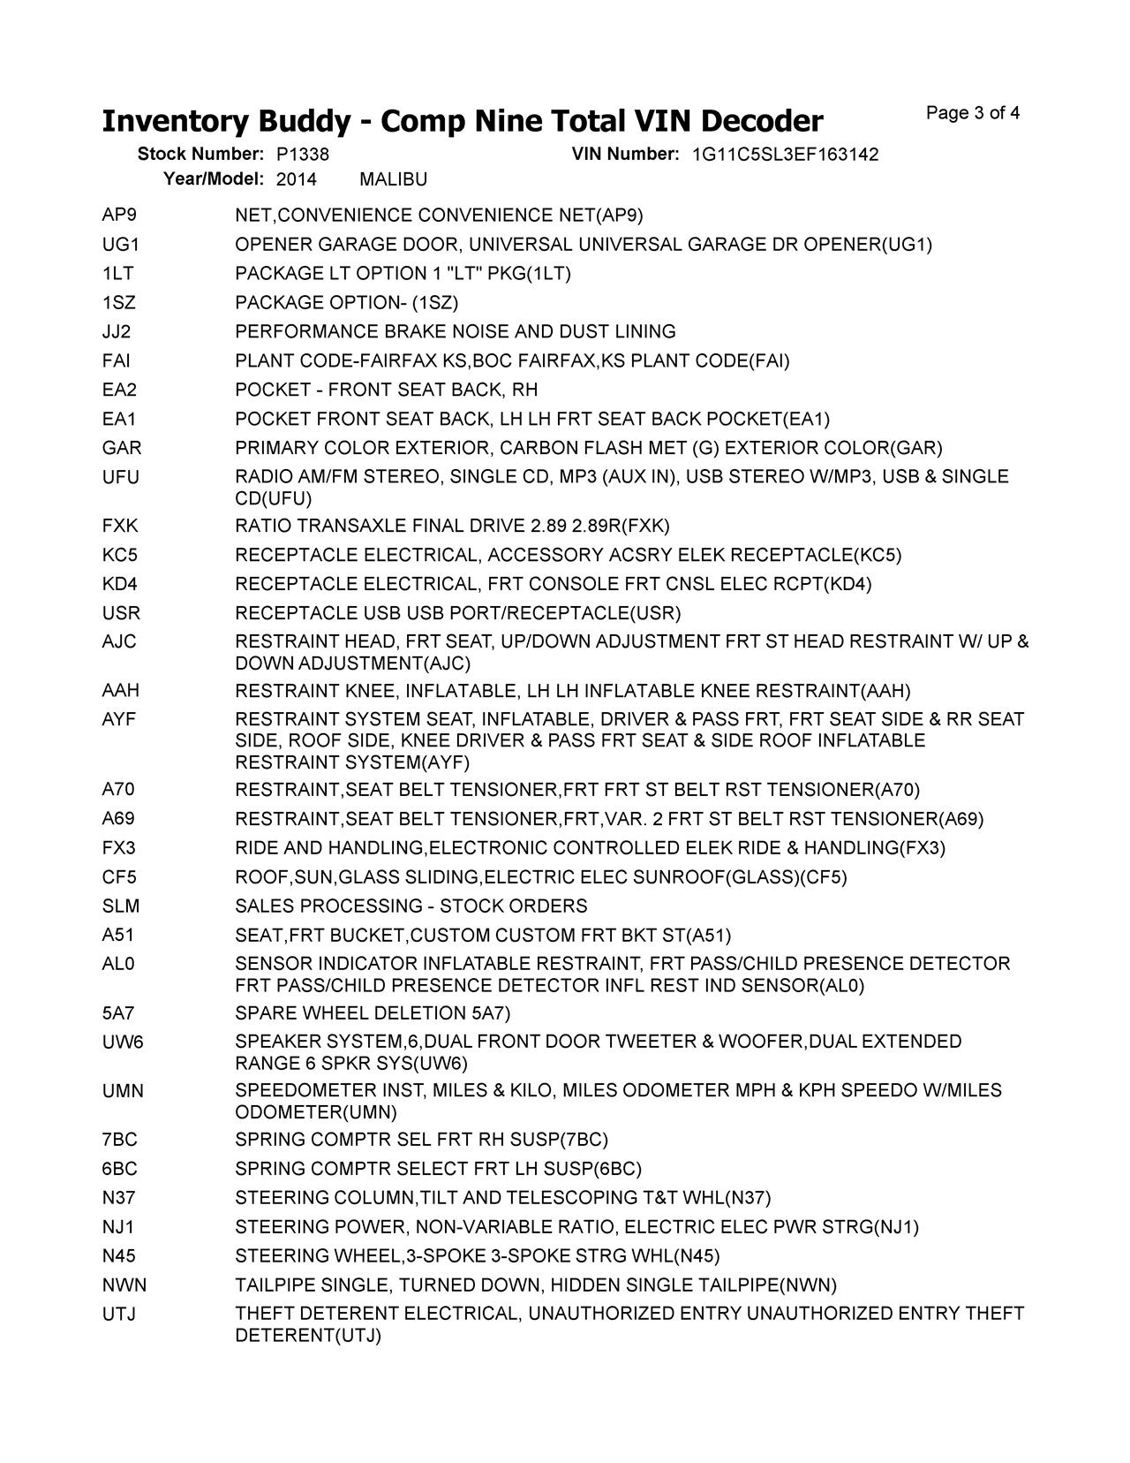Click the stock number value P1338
tap(302, 155)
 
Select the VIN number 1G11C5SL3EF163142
tap(785, 155)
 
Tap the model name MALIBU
tap(394, 179)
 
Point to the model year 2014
tap(296, 179)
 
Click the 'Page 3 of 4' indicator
tap(973, 113)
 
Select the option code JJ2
tap(117, 332)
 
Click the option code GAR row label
tap(122, 448)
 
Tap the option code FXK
tap(120, 527)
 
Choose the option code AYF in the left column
tap(119, 720)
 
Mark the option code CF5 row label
tap(119, 877)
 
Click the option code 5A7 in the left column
tap(118, 1013)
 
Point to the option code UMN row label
tap(123, 1091)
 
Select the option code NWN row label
tap(124, 1285)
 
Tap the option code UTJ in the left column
tap(119, 1315)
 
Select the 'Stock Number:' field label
tap(200, 155)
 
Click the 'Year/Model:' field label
tap(214, 179)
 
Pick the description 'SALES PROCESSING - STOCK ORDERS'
tap(411, 906)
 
